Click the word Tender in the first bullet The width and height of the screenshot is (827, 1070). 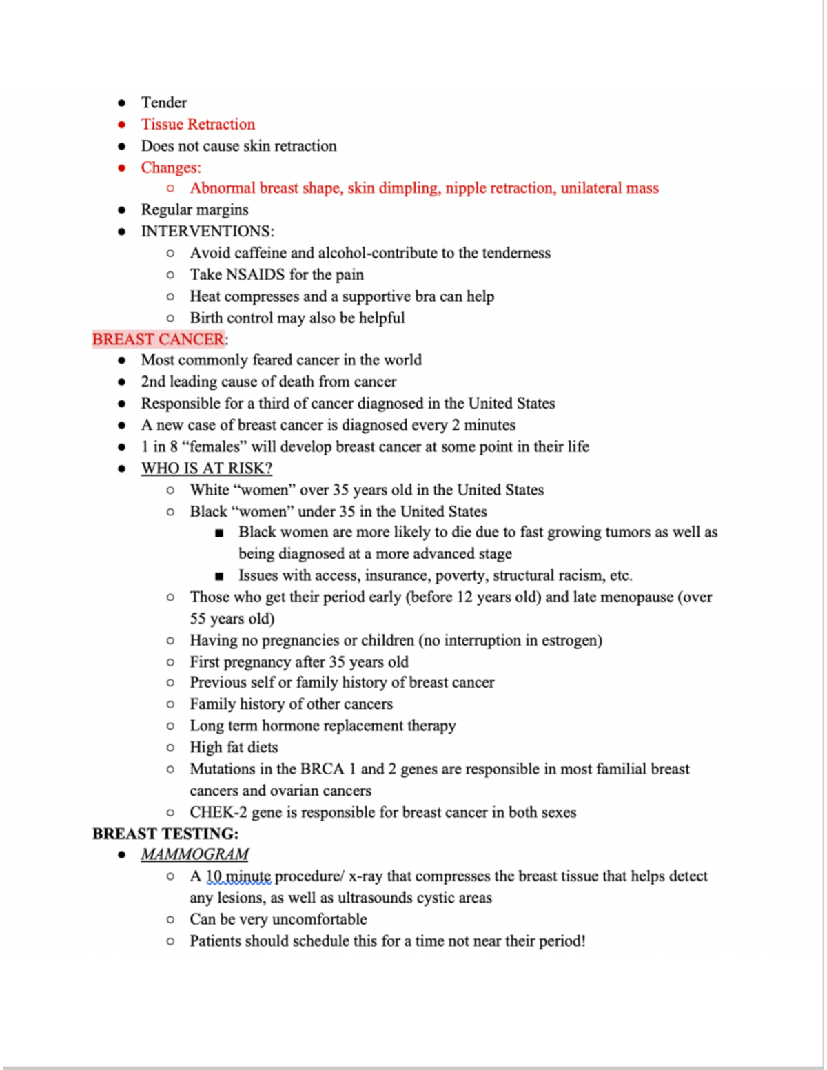(x=163, y=103)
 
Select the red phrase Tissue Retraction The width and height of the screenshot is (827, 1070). (x=198, y=124)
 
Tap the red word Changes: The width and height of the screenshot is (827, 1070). (x=171, y=167)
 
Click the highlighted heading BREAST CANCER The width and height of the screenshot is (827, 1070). (x=159, y=339)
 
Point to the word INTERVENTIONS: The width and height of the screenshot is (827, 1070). (x=207, y=231)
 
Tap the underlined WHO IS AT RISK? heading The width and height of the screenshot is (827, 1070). (x=206, y=468)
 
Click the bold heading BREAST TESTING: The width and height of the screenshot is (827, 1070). (x=165, y=834)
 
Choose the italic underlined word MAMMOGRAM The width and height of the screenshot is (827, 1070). (x=194, y=854)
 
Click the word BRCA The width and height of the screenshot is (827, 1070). (x=322, y=769)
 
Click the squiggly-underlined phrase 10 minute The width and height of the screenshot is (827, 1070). (x=238, y=876)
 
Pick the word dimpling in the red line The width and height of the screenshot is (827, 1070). (x=409, y=188)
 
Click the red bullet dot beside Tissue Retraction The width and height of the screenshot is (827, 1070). (x=122, y=125)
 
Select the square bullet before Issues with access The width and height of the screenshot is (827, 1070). (x=219, y=576)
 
